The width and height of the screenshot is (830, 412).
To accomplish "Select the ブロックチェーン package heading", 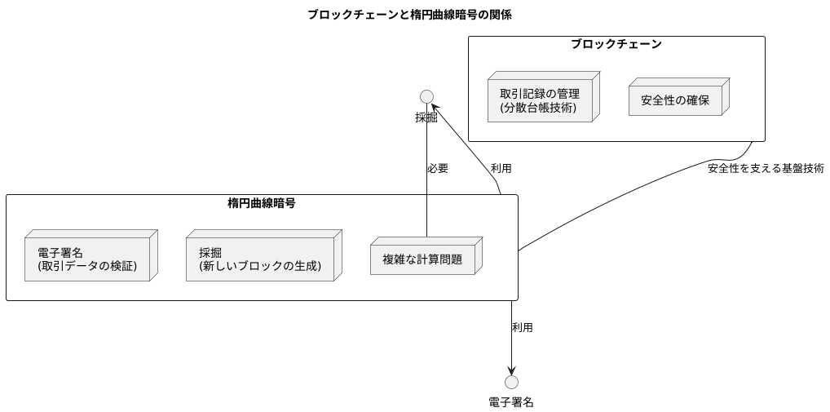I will pyautogui.click(x=616, y=44).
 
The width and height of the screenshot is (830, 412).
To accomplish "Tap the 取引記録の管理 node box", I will pyautogui.click(x=542, y=100).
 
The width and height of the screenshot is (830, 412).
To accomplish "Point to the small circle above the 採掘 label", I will pyautogui.click(x=426, y=96).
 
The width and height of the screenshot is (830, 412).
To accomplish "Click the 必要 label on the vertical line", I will pyautogui.click(x=438, y=169).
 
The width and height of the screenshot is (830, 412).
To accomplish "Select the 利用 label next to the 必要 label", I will pyautogui.click(x=501, y=169).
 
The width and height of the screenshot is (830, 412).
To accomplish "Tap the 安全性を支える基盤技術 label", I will pyautogui.click(x=766, y=169).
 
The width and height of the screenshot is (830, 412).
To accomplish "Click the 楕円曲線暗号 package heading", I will pyautogui.click(x=261, y=203).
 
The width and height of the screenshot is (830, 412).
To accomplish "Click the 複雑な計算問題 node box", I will pyautogui.click(x=424, y=259).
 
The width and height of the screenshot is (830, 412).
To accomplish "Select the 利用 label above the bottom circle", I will pyautogui.click(x=522, y=327).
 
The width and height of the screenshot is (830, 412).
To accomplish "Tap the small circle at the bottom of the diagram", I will pyautogui.click(x=511, y=382).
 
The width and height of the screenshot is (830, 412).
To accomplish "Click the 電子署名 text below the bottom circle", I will pyautogui.click(x=511, y=401).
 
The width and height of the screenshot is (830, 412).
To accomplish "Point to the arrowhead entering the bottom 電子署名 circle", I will pyautogui.click(x=511, y=370).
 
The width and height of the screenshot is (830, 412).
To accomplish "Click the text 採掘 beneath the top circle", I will pyautogui.click(x=426, y=117).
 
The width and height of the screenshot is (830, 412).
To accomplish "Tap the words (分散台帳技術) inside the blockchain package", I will pyautogui.click(x=539, y=108).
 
